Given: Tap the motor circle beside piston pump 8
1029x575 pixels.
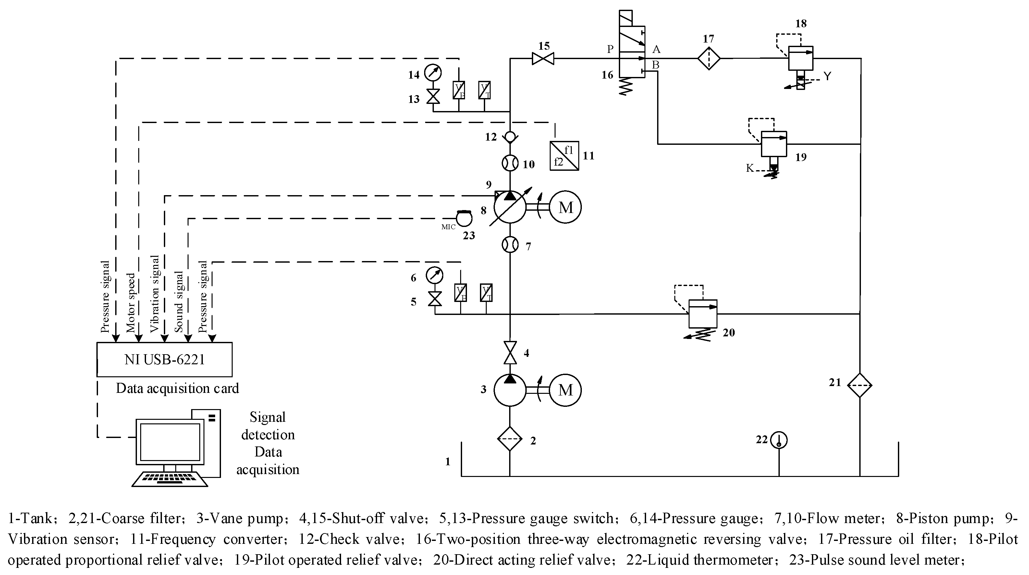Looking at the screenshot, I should point(565,207).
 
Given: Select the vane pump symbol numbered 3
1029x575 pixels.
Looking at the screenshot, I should point(510,390).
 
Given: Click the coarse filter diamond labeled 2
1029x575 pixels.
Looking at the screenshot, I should point(510,439).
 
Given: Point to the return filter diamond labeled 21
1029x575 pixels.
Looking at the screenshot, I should point(859,385).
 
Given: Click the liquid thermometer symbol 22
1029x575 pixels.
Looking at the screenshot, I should point(778,440).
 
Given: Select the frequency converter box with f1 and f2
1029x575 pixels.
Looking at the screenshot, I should point(564,156).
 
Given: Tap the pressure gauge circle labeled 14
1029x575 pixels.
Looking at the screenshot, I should point(433,73).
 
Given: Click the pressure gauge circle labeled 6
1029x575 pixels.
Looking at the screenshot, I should point(435,275).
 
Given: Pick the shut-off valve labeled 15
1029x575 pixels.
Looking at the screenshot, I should point(543,59).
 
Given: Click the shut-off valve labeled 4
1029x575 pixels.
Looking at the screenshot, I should point(510,352).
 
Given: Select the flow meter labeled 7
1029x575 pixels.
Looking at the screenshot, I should point(510,244).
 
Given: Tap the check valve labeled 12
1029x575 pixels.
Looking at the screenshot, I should point(510,137).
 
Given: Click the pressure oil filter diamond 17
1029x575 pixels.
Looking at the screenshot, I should point(709,58).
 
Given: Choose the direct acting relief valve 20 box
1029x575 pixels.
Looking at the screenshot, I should point(703,314).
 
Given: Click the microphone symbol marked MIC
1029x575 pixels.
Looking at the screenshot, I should point(464,219).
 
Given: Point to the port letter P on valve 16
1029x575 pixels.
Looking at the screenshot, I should point(610,49).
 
